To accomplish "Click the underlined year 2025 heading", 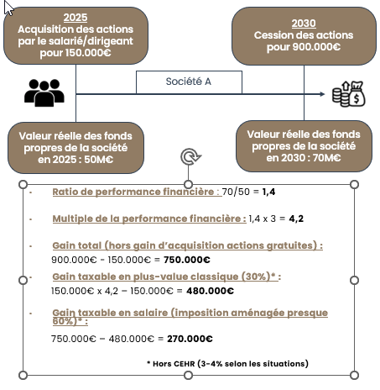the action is click(75, 18).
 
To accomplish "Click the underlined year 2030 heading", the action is click(304, 24).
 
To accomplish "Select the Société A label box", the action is click(189, 82).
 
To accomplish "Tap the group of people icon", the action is click(44, 92).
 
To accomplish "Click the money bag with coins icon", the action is click(349, 93).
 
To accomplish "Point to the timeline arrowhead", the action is click(322, 94).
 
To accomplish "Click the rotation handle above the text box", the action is click(190, 156).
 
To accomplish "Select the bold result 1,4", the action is click(268, 192).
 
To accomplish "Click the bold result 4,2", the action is click(296, 219).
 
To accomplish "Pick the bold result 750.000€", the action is click(187, 260).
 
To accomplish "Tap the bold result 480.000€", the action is click(210, 291).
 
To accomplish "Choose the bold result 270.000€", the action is click(190, 339).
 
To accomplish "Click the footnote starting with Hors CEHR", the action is click(227, 364).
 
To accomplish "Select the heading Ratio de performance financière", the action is click(133, 192).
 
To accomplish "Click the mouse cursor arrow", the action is click(8, 8).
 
